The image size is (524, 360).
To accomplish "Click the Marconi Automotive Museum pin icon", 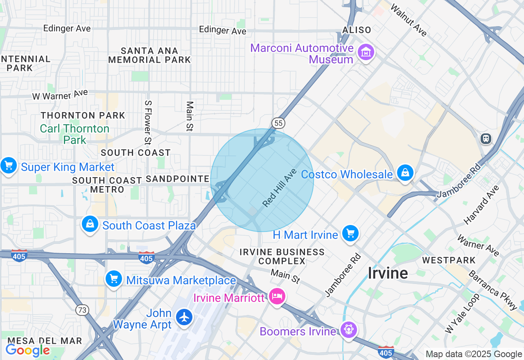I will pyautogui.click(x=366, y=52).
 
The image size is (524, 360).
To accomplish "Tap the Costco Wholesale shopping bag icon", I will pyautogui.click(x=405, y=173).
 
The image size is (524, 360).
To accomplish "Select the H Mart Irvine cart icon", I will pyautogui.click(x=350, y=234).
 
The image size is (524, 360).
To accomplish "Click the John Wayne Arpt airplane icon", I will pyautogui.click(x=184, y=317).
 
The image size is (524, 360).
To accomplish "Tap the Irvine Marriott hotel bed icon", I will pyautogui.click(x=277, y=296).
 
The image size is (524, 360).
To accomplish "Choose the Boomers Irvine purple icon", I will pyautogui.click(x=348, y=330).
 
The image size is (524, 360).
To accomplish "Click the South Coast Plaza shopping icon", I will pyautogui.click(x=90, y=224).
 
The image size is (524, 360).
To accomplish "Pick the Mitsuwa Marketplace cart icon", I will pyautogui.click(x=113, y=279).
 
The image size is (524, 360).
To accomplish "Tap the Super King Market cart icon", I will pyautogui.click(x=8, y=166).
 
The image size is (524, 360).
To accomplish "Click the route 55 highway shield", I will pyautogui.click(x=278, y=123).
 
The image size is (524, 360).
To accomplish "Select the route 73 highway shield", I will pyautogui.click(x=82, y=310).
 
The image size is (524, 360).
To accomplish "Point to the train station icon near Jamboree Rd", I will pyautogui.click(x=486, y=139).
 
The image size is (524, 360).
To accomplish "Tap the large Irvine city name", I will pyautogui.click(x=388, y=273).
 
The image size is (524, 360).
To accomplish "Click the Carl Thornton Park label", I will pyautogui.click(x=75, y=134).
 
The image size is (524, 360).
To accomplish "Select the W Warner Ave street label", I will pyautogui.click(x=60, y=95).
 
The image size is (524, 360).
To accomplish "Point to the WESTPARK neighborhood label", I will pyautogui.click(x=449, y=260).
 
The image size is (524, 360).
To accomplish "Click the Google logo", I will pyautogui.click(x=27, y=350).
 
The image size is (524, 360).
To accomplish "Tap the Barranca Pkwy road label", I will pyautogui.click(x=496, y=290).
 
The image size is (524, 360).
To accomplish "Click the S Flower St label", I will pyautogui.click(x=148, y=122).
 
